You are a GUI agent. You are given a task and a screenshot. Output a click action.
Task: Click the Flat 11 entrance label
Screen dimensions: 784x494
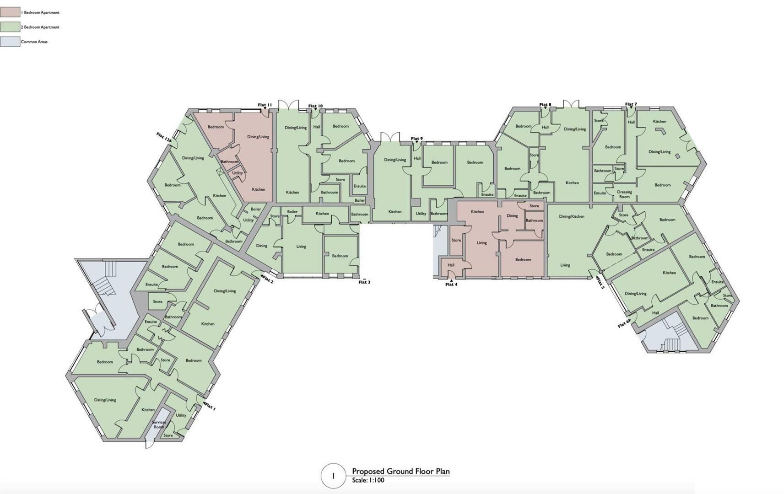click(265, 105)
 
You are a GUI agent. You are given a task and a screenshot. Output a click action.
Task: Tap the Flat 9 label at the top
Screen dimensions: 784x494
click(416, 139)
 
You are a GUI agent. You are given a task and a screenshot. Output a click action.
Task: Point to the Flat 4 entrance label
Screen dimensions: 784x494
click(451, 285)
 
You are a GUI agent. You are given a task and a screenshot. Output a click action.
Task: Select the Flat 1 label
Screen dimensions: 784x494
click(210, 406)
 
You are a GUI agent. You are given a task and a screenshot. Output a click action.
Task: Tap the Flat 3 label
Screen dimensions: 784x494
click(364, 282)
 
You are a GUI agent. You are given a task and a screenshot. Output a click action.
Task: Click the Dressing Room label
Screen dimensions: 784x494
click(624, 194)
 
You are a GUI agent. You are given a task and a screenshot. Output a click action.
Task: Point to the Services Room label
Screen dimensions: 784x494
click(159, 424)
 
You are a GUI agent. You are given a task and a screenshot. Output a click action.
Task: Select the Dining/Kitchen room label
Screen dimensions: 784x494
click(571, 216)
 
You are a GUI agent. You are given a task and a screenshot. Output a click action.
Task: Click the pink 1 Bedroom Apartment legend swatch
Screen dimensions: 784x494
click(10, 12)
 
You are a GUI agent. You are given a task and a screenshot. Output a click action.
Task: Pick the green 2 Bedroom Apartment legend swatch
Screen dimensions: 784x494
click(10, 27)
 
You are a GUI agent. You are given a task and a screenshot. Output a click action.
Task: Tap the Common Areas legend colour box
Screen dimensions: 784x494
click(10, 42)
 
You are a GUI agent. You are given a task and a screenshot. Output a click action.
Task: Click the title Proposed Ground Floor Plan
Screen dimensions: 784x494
click(400, 472)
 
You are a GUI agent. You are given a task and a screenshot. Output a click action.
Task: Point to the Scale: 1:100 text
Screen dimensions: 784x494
click(368, 480)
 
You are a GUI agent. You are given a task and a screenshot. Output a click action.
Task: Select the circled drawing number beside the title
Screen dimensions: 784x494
click(333, 476)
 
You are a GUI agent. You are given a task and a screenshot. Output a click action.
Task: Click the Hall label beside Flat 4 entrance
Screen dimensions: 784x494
click(451, 265)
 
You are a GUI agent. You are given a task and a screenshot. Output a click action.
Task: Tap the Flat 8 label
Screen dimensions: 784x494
click(545, 105)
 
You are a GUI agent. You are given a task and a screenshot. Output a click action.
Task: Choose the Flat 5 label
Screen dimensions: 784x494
click(600, 284)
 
